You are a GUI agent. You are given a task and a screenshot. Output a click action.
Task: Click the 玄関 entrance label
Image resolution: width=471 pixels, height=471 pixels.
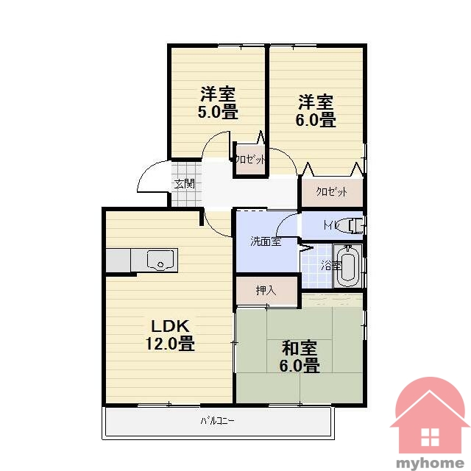click(185, 184)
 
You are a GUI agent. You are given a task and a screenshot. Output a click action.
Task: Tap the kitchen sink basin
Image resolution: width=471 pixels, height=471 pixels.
click(160, 260)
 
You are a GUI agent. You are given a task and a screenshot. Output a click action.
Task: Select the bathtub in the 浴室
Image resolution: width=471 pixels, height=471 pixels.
click(348, 266)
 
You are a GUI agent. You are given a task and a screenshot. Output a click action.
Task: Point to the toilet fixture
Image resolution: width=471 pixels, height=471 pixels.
click(351, 226)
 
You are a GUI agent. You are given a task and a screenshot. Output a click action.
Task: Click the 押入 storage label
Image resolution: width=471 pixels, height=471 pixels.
click(266, 290)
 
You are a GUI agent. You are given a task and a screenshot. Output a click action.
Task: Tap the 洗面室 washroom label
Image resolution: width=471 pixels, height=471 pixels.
click(266, 241)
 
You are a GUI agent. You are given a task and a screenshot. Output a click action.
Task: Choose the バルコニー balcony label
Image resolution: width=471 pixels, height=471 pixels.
click(217, 420)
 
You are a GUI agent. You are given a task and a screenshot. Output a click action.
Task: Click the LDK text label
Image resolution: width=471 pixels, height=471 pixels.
click(170, 326)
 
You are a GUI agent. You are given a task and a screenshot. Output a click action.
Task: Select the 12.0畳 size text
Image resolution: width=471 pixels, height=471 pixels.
click(170, 344)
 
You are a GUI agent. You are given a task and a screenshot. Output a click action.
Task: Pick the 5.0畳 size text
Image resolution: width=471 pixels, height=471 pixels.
click(218, 111)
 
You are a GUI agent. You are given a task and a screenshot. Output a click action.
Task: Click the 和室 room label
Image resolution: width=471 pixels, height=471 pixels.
click(300, 348)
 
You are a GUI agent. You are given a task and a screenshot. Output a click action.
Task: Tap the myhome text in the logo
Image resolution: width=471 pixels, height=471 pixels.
click(431, 463)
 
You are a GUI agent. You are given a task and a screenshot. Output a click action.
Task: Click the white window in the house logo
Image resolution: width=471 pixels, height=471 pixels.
click(430, 436)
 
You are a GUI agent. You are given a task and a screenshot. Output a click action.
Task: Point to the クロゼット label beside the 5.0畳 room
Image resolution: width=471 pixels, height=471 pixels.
click(250, 159)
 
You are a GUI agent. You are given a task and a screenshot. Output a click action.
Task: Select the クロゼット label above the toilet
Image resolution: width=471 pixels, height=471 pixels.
click(332, 191)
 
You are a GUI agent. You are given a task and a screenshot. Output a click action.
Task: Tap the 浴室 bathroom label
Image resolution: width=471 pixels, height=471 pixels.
click(330, 266)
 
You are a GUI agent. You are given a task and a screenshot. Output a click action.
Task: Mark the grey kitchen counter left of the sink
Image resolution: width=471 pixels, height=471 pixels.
click(118, 260)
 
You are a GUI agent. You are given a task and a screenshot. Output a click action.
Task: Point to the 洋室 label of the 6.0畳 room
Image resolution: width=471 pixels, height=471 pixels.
click(316, 102)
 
